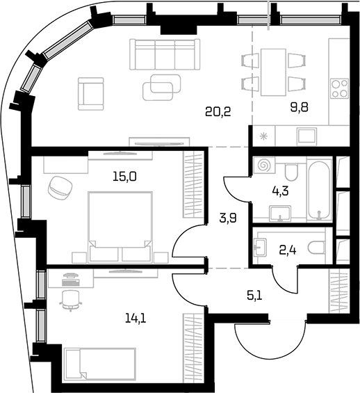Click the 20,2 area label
tap(218, 111)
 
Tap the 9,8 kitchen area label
tap(299, 107)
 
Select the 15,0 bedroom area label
tap(124, 177)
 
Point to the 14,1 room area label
tap(136, 319)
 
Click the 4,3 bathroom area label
tap(280, 191)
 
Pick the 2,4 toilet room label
tap(288, 250)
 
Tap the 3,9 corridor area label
tap(228, 218)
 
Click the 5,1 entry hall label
tap(254, 296)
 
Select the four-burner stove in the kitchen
tap(339, 88)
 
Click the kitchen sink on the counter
tap(307, 136)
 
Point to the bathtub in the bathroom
tap(319, 191)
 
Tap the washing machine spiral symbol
tap(264, 165)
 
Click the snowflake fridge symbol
tap(263, 136)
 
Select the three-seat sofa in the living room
tap(165, 54)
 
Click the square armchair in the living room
tap(90, 94)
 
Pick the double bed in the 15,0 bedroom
tap(120, 227)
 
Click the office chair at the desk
tap(71, 300)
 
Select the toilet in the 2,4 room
tap(316, 248)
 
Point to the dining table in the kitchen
tap(273, 72)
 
